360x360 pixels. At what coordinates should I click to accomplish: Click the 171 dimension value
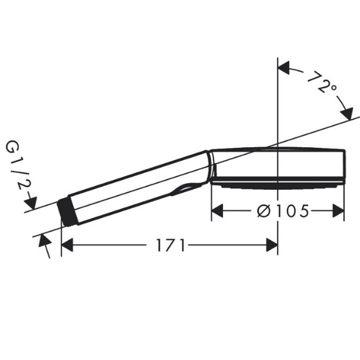click(x=170, y=245)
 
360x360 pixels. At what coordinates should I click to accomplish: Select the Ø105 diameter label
click(x=283, y=211)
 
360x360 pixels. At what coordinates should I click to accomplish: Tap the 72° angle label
click(x=322, y=83)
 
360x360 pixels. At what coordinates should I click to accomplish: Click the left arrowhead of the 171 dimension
click(x=67, y=245)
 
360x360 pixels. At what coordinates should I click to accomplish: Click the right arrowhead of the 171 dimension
click(x=272, y=245)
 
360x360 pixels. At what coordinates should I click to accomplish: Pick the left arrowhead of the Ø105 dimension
click(x=217, y=211)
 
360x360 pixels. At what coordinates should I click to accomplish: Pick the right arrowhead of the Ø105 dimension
click(x=338, y=211)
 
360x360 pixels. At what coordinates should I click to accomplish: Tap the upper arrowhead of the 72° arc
click(x=283, y=68)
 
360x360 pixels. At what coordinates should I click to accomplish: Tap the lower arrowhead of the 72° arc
click(x=347, y=114)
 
